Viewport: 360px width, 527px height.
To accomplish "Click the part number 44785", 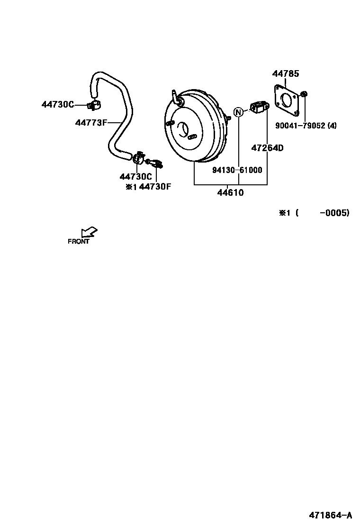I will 285,73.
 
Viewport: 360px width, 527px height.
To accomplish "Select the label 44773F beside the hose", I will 91,123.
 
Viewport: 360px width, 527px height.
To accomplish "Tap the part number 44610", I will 230,193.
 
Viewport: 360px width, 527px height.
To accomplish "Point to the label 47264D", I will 267,148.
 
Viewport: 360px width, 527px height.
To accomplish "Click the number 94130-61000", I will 237,170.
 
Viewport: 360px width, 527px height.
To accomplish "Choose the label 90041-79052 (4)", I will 306,126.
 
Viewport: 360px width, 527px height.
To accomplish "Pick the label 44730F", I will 155,187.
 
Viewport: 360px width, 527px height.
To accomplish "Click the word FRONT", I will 79,241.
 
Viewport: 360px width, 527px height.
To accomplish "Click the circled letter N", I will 238,112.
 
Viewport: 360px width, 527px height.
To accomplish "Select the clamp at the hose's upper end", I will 94,104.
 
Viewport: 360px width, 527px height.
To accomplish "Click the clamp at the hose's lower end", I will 138,157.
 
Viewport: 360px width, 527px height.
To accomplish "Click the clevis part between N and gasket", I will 259,107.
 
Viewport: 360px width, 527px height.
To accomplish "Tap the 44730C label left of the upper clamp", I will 58,105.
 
